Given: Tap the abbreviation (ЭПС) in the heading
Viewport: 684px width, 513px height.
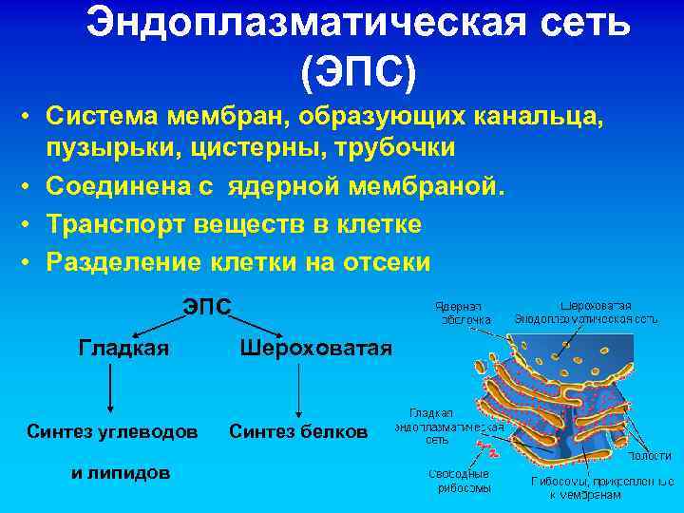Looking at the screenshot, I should click(x=358, y=71).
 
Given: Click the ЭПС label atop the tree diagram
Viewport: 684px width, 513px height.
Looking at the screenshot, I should click(x=206, y=307).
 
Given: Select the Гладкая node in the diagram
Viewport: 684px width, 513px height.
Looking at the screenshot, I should click(x=123, y=348).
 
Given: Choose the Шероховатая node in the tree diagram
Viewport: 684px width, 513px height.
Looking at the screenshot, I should click(x=315, y=348).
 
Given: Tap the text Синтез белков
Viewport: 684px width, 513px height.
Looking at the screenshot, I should click(x=298, y=432).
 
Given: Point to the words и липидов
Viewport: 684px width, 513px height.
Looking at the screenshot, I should click(x=121, y=472).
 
